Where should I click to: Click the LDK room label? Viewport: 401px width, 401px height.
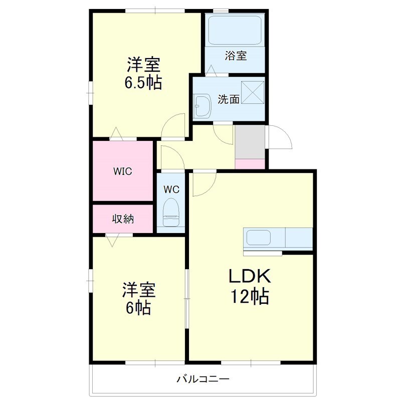click(x=250, y=276)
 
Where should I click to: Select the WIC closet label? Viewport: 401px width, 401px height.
click(x=123, y=171)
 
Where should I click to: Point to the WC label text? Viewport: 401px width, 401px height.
click(x=171, y=189)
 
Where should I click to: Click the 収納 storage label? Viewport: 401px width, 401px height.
click(x=123, y=219)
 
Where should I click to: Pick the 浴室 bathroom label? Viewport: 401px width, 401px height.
click(x=236, y=56)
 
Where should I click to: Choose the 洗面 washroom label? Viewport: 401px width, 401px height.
click(x=229, y=99)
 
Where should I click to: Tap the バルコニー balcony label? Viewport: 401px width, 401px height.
click(x=203, y=379)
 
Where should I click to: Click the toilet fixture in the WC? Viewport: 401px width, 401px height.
click(x=171, y=212)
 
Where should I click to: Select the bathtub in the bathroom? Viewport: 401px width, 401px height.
click(x=235, y=30)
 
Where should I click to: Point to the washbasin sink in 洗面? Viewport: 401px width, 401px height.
click(x=202, y=106)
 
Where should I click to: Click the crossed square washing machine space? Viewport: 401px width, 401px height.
click(x=253, y=93)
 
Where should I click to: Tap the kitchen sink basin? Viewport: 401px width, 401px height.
click(x=259, y=238)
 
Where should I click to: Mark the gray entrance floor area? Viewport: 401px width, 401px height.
click(x=250, y=142)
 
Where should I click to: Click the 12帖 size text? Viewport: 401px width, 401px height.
click(x=250, y=296)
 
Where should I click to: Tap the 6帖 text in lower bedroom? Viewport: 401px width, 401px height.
click(x=138, y=308)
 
